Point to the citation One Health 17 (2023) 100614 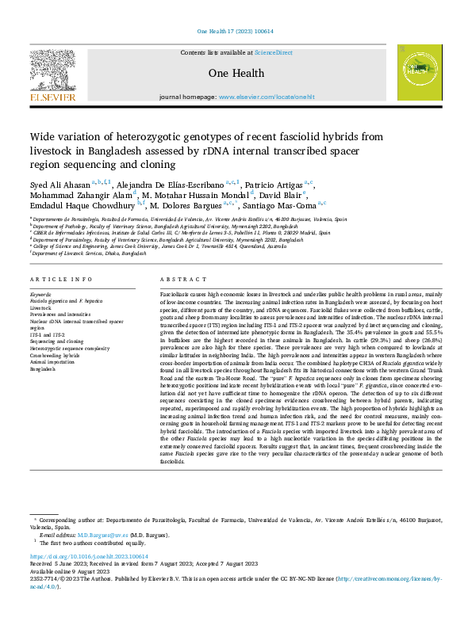coord(236,32)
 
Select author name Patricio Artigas coord(263,184)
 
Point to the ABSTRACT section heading coord(177,280)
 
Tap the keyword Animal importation coord(52,362)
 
